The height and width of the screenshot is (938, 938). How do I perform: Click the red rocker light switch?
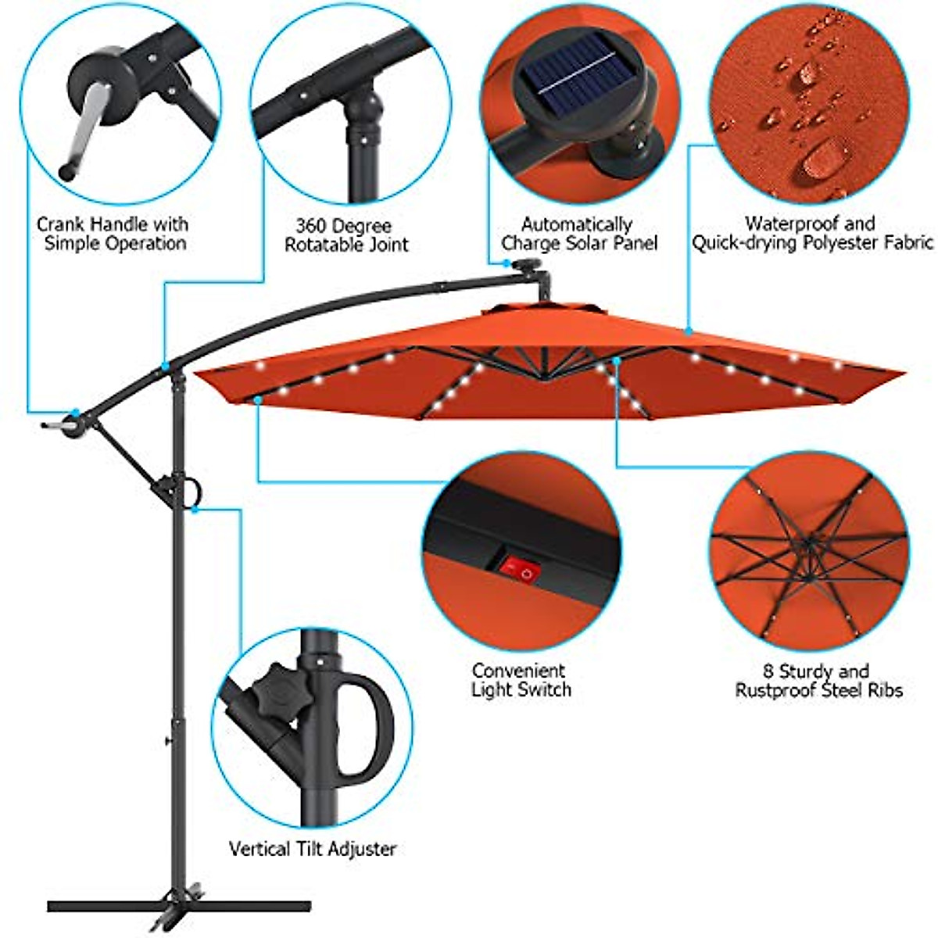pos(521,570)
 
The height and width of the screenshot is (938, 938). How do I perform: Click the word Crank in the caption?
pos(60,225)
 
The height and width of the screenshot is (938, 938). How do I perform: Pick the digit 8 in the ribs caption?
pos(768,671)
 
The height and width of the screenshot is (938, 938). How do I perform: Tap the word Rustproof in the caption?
pos(775,690)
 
